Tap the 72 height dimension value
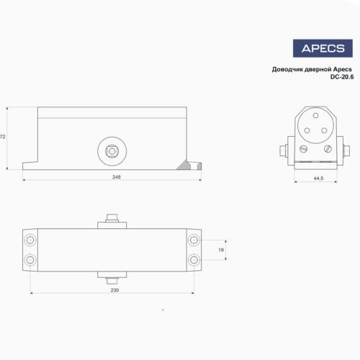[3, 135]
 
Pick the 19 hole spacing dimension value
[221, 249]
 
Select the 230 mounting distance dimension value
[114, 291]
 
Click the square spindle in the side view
[112, 152]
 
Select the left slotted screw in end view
[303, 148]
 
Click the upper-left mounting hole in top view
[30, 239]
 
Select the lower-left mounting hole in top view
[30, 259]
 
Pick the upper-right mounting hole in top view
[194, 239]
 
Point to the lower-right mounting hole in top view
[194, 259]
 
